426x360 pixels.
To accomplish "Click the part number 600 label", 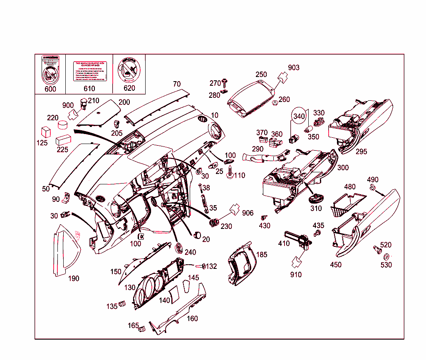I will [50, 89].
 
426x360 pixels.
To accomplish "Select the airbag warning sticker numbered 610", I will [90, 72].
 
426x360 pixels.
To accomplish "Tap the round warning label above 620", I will [129, 69].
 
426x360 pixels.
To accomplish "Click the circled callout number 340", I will [299, 116].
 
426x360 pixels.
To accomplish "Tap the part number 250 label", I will [261, 74].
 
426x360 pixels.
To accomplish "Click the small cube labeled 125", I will [45, 132].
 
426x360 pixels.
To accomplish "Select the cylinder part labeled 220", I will [63, 125].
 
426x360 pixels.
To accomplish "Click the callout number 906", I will [248, 213].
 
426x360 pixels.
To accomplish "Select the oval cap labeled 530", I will [386, 256].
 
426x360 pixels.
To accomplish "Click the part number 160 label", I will [192, 319].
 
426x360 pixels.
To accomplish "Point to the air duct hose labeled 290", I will [266, 158].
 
